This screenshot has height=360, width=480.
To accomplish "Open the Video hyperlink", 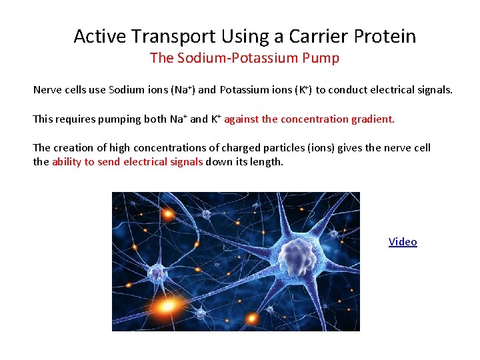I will coord(403,242).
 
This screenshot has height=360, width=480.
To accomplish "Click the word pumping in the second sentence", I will coord(115,119).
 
